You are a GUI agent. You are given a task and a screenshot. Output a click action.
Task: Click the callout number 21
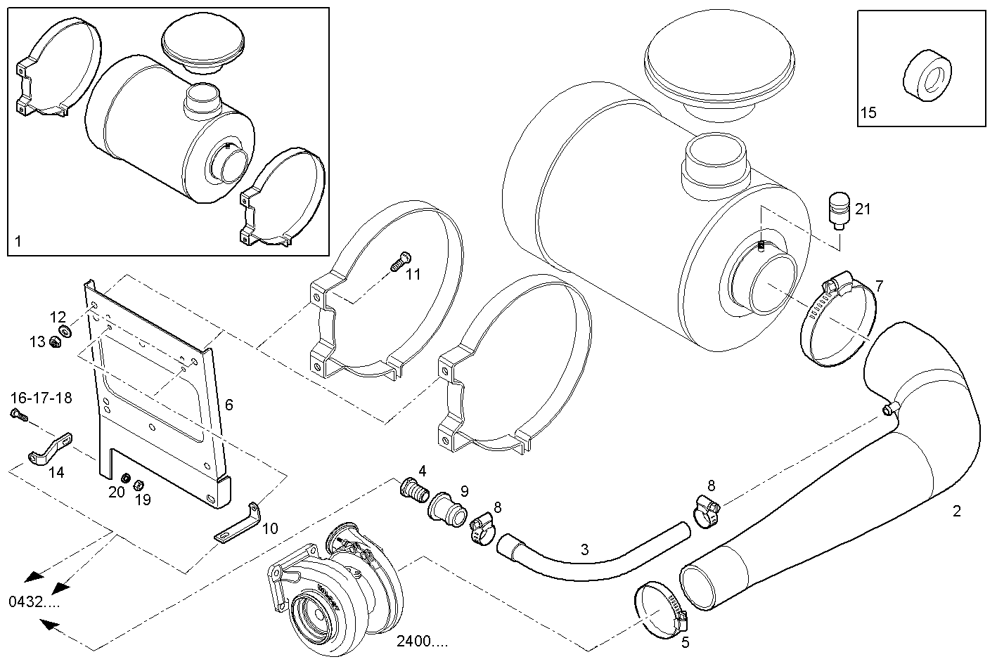click(863, 209)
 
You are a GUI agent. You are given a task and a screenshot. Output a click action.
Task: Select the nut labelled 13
click(54, 342)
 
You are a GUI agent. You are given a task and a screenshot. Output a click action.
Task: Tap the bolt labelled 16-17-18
click(18, 415)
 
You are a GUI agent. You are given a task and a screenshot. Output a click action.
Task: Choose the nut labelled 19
click(139, 484)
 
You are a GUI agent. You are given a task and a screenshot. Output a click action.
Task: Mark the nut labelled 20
click(125, 479)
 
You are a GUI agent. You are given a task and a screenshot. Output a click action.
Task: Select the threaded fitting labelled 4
click(415, 490)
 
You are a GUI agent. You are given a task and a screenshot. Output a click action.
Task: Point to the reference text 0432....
click(34, 601)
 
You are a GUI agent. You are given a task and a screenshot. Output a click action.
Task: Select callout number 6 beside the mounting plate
click(229, 405)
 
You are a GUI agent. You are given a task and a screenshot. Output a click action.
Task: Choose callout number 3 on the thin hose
click(584, 549)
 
